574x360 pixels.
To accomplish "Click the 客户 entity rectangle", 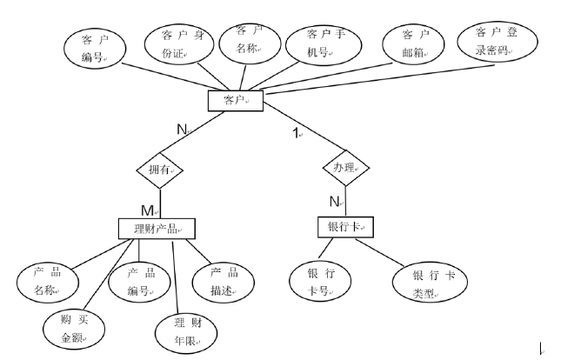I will [235, 101].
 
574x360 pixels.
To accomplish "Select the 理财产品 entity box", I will [156, 228].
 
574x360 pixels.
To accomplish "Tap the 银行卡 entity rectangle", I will [344, 227].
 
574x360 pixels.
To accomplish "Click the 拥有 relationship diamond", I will [159, 171].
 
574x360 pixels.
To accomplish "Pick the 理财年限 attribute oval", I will [185, 330].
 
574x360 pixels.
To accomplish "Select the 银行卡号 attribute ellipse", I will [321, 281].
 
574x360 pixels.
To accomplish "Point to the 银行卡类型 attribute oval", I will [428, 283].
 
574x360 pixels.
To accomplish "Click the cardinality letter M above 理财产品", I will [148, 210].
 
